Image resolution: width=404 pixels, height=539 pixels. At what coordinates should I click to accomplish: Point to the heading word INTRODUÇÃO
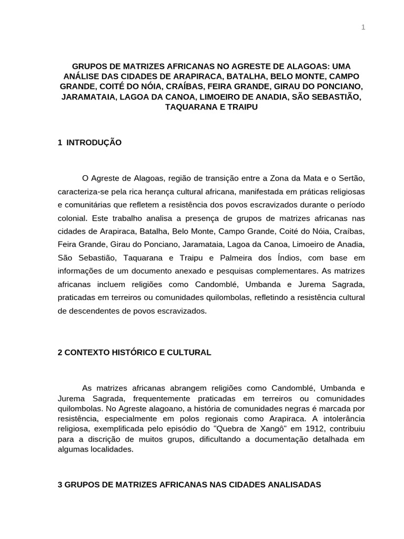point(94,143)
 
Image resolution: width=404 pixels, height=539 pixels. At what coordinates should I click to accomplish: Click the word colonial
point(73,217)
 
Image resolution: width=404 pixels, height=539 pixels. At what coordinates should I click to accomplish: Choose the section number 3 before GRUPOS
point(59,485)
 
